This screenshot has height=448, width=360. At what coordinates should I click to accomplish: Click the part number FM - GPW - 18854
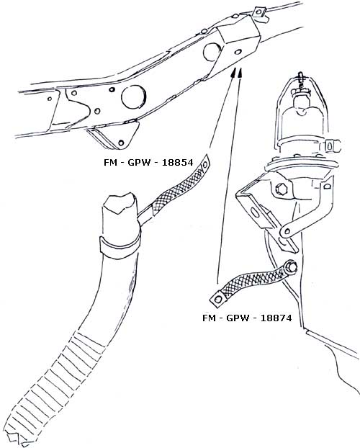(148, 163)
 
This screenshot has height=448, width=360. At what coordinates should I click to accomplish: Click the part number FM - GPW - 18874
(247, 318)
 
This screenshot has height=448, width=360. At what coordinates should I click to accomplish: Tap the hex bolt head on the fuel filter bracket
(280, 189)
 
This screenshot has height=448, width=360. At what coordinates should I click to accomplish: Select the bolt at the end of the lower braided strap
(291, 268)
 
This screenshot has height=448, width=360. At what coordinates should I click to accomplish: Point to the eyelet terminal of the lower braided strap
(217, 299)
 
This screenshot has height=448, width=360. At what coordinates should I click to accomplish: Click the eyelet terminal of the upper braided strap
(205, 164)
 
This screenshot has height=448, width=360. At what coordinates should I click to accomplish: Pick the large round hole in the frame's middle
(134, 97)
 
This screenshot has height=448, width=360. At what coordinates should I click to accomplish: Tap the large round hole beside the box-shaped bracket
(212, 52)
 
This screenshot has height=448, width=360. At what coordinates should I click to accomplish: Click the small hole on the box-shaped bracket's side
(238, 52)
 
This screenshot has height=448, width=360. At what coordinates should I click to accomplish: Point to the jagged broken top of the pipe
(120, 202)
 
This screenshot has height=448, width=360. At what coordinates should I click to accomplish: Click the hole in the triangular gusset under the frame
(121, 143)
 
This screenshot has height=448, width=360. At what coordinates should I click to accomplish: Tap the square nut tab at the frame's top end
(259, 12)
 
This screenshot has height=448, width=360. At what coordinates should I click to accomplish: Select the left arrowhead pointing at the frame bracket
(233, 73)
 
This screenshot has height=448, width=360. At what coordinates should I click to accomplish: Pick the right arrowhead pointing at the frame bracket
(240, 73)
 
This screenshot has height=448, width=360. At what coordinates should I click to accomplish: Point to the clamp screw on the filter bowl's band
(333, 145)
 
